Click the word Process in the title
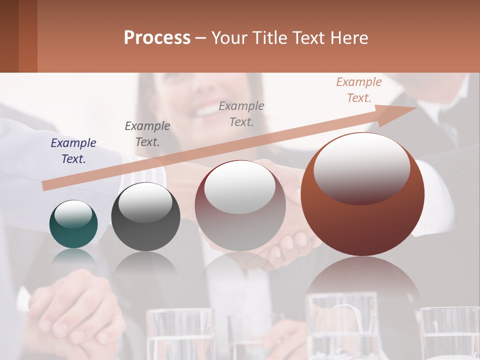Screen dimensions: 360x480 click(x=157, y=38)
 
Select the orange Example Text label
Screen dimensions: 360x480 click(x=359, y=90)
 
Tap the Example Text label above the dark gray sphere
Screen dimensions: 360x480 click(x=147, y=134)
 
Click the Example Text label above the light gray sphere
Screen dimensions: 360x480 click(x=241, y=113)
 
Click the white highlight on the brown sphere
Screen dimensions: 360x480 click(x=361, y=167)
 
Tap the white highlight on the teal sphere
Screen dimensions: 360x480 click(x=73, y=214)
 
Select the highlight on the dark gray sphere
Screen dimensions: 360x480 click(x=145, y=202)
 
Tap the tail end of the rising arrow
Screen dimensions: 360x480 click(x=46, y=186)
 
